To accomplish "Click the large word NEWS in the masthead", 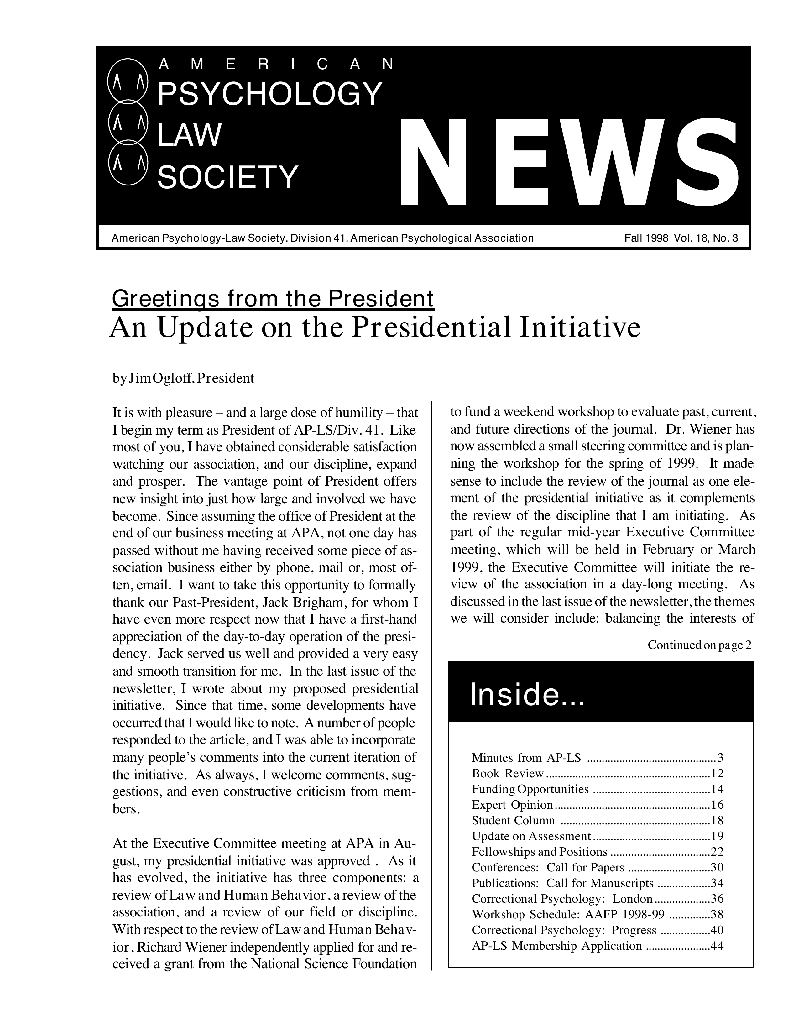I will click(568, 163).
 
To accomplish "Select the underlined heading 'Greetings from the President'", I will click(273, 298).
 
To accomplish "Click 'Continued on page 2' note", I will click(699, 645).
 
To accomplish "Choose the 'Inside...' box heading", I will click(528, 696).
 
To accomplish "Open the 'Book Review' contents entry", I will click(508, 774).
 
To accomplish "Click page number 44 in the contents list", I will click(717, 946).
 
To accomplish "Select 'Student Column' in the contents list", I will click(513, 821).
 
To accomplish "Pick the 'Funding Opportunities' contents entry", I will click(530, 789).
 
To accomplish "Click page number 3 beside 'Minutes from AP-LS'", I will click(720, 758).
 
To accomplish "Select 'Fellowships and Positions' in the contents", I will click(540, 852).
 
